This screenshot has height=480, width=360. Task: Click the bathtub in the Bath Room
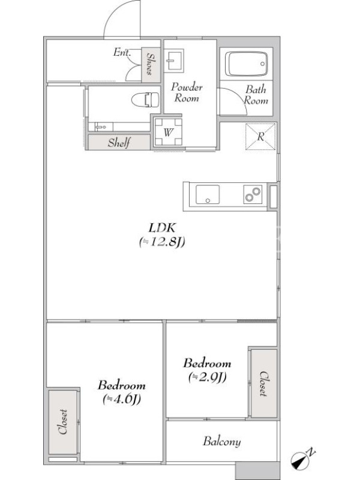246,64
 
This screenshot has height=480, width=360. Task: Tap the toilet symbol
145,100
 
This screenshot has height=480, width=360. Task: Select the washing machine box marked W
168,132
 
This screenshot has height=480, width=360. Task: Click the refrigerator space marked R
260,137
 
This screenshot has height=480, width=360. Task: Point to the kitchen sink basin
208,194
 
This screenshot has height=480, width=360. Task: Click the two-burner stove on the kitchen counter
253,194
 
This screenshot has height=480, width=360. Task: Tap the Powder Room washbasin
173,61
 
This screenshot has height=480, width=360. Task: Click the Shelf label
119,143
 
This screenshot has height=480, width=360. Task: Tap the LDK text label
162,228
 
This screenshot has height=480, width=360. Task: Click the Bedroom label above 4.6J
122,385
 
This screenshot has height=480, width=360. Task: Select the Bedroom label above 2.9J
207,364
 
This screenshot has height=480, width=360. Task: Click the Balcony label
221,442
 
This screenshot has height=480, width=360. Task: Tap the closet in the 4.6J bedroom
63,422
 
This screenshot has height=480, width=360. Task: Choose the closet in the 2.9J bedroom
263,383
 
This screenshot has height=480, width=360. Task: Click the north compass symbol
302,460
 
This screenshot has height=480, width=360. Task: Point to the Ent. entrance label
122,52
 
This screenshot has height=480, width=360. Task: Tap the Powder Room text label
187,92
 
